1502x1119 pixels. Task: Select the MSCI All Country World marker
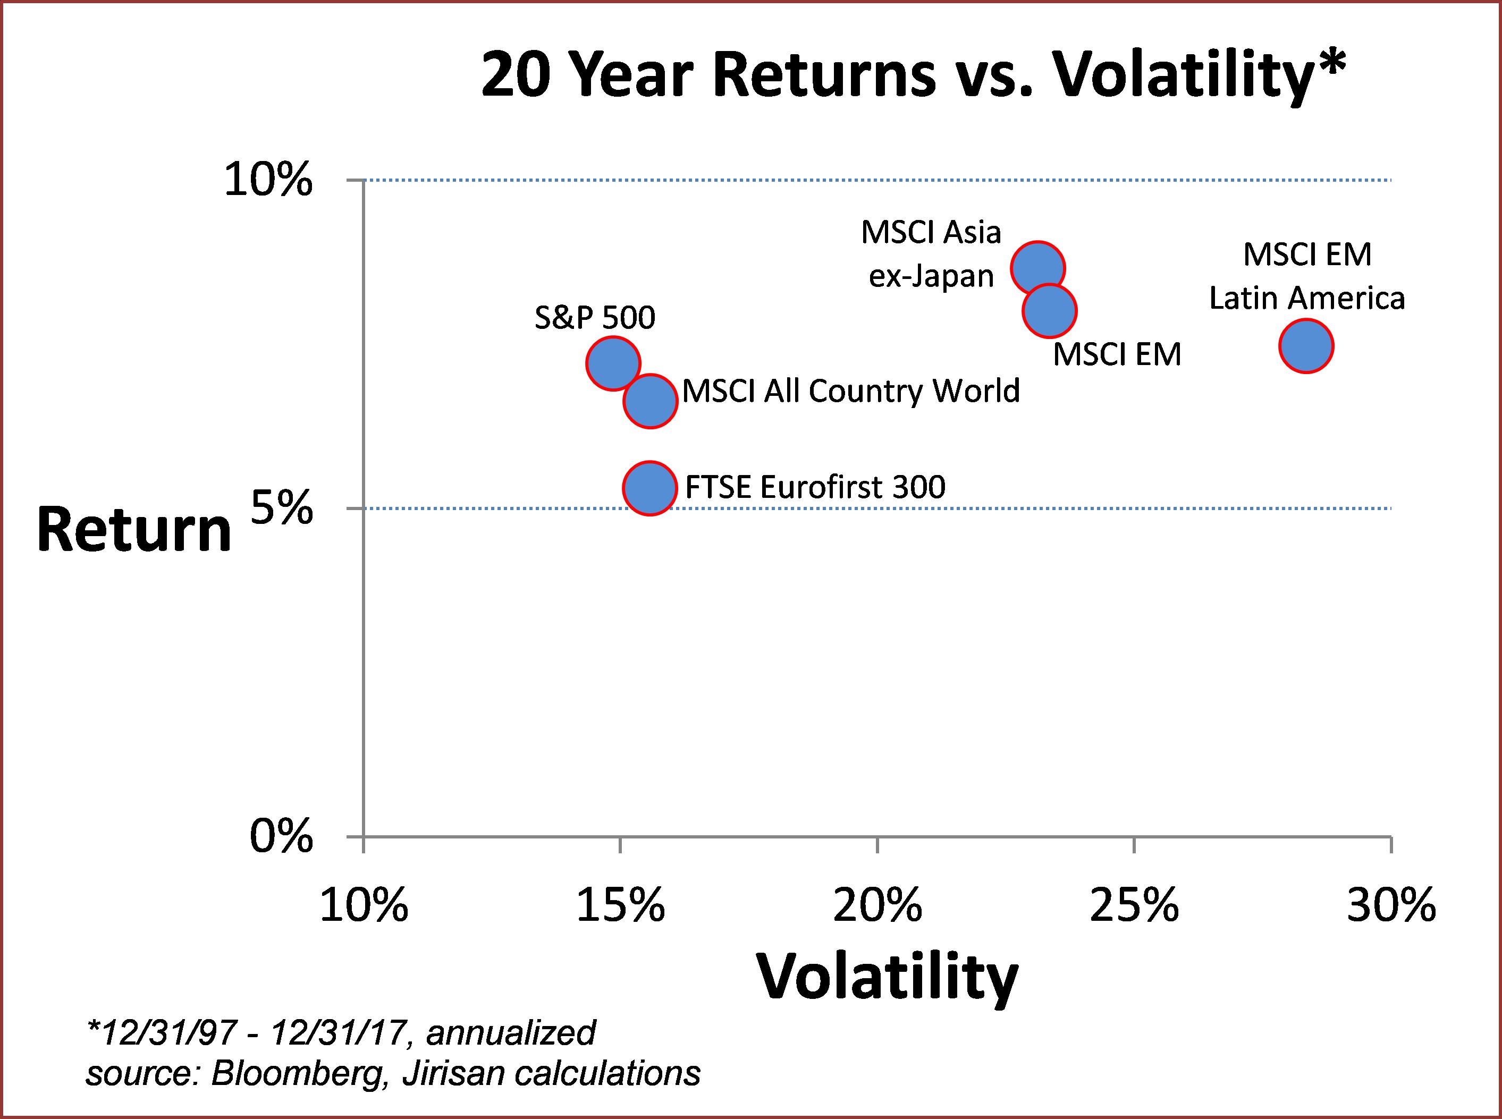pyautogui.click(x=649, y=401)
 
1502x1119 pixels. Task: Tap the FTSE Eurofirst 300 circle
pyautogui.click(x=649, y=488)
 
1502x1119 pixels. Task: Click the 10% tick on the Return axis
pyautogui.click(x=268, y=181)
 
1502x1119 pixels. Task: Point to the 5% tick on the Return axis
pyautogui.click(x=282, y=508)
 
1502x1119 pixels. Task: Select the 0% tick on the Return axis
pyautogui.click(x=282, y=837)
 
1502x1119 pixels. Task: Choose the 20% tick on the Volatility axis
pyautogui.click(x=877, y=906)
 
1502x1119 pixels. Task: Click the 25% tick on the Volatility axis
pyautogui.click(x=1134, y=906)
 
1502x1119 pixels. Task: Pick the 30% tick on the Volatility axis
pyautogui.click(x=1391, y=906)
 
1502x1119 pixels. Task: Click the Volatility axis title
pyautogui.click(x=887, y=978)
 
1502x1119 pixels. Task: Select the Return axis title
pyautogui.click(x=134, y=530)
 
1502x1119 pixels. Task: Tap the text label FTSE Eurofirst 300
pyautogui.click(x=815, y=487)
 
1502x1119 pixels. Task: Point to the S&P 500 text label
pyautogui.click(x=595, y=318)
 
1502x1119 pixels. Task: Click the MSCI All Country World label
pyautogui.click(x=850, y=391)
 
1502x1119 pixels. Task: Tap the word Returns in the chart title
pyautogui.click(x=824, y=77)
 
